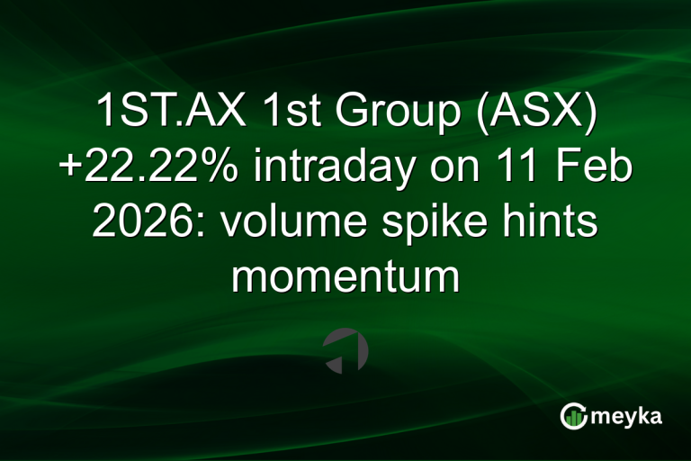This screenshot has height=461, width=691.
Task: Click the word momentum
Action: pos(345,276)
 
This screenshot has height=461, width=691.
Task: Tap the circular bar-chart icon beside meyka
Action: pos(573,416)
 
